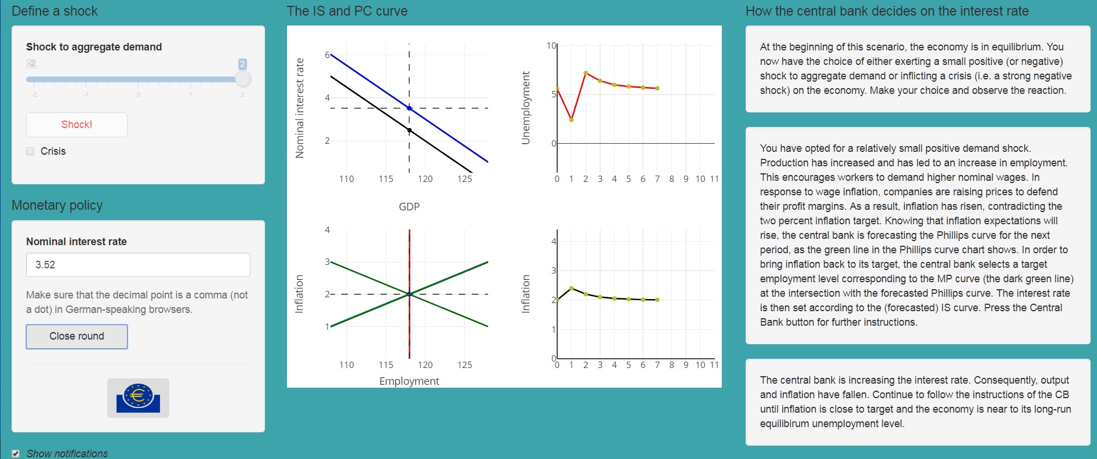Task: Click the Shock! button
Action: tap(77, 125)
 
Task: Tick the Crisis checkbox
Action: tap(30, 151)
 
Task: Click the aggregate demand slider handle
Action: tap(243, 79)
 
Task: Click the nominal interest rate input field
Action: tap(138, 265)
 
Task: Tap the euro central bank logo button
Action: tap(138, 398)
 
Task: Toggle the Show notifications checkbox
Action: tap(16, 454)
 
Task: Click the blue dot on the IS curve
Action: tap(409, 108)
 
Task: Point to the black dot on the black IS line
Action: tap(409, 130)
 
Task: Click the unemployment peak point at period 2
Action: tap(586, 73)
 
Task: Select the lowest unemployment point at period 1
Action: tap(571, 120)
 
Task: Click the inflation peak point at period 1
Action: tap(571, 288)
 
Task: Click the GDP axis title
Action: tap(409, 206)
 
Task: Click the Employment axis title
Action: tap(409, 381)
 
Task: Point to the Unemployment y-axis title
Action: tap(526, 108)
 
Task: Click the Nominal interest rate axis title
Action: tap(300, 108)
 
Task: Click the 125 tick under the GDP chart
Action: tap(464, 179)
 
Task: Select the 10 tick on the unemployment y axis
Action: tap(551, 45)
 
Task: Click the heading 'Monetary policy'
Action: tap(57, 205)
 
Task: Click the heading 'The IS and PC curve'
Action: tap(347, 11)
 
